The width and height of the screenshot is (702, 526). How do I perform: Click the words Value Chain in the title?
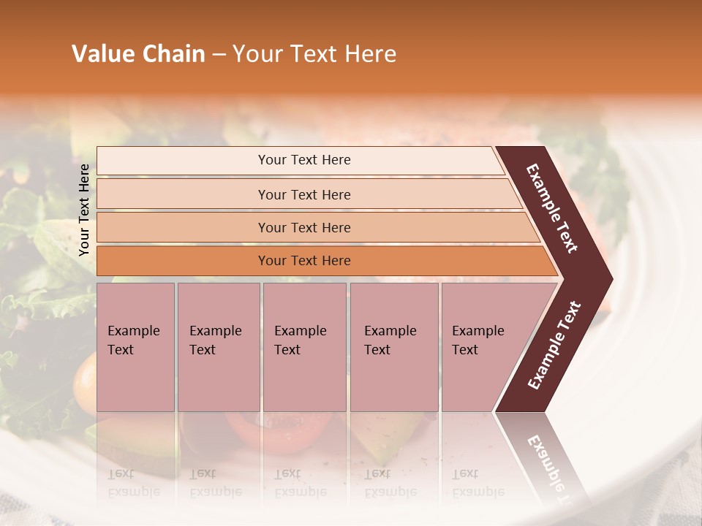[138, 54]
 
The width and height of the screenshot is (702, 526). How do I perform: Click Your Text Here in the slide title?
[314, 54]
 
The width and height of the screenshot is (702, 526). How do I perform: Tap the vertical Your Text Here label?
[84, 210]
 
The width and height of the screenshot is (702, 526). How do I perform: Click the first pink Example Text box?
[135, 347]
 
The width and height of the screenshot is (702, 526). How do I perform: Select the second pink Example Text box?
[218, 347]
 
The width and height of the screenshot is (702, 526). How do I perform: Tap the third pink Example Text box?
[304, 347]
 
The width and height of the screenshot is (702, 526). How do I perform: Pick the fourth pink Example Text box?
[393, 347]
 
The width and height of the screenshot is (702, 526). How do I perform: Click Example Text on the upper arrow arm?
[552, 208]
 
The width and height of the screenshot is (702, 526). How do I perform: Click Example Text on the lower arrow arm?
[554, 346]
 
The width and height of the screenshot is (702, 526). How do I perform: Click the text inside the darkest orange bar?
[304, 261]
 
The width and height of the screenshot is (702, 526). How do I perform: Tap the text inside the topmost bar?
[304, 160]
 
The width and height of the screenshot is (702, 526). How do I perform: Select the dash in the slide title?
[219, 55]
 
